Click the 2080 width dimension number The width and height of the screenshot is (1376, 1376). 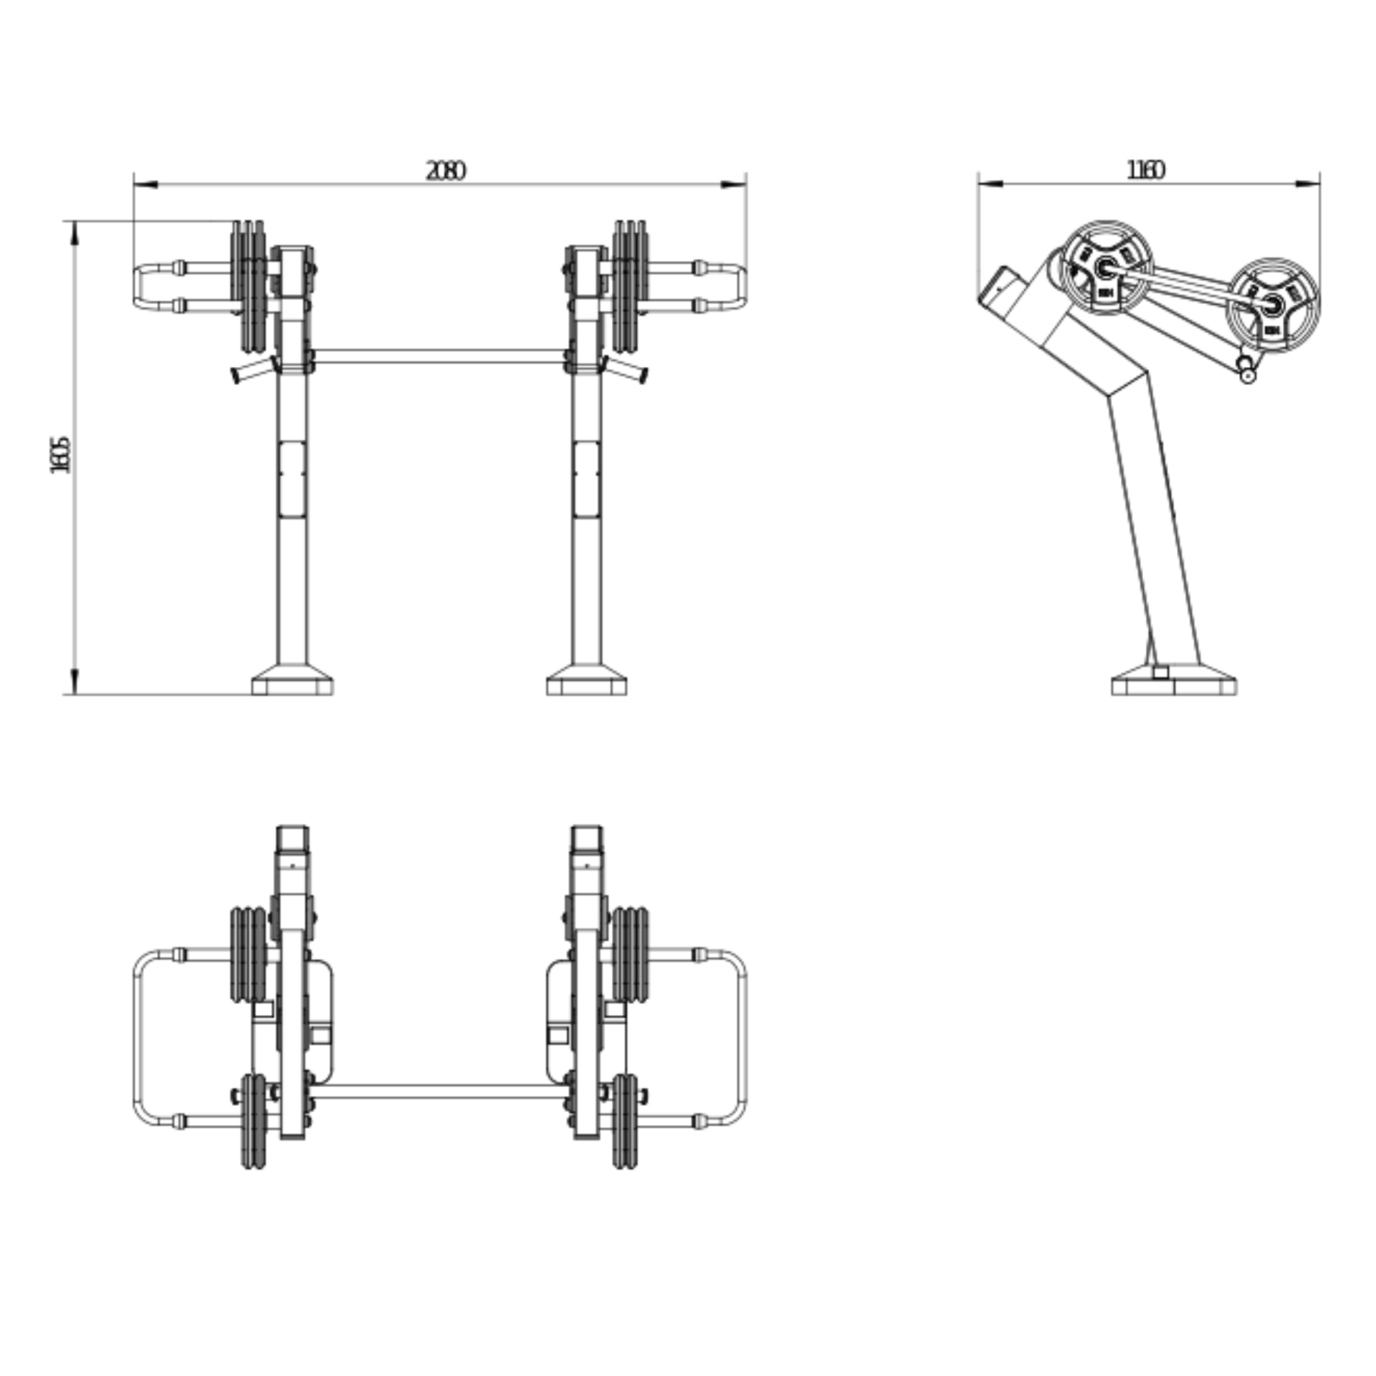tap(445, 171)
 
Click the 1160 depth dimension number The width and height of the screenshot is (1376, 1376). tap(1146, 170)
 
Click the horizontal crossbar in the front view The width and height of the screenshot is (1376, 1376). tap(439, 356)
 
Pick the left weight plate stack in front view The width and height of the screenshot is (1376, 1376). tap(248, 287)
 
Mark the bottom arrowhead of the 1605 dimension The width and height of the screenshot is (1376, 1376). tap(75, 681)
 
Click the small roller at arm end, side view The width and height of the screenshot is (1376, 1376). tap(1248, 373)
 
